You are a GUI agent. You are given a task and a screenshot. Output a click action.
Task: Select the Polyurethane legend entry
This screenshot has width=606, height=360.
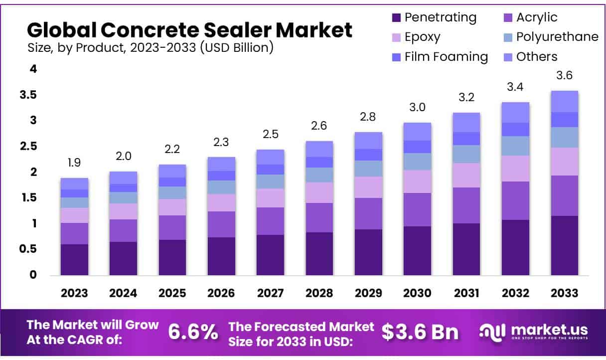[557, 37]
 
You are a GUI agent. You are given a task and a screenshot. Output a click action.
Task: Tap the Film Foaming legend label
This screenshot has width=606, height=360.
[446, 56]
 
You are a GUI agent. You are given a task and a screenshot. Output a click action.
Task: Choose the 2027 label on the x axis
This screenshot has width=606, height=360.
[270, 293]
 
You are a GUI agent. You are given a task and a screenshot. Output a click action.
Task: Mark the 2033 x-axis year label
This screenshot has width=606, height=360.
[564, 293]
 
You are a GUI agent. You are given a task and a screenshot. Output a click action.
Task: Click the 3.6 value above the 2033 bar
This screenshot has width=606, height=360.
[564, 76]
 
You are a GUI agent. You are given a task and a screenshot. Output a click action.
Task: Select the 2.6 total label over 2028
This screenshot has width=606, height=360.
[319, 126]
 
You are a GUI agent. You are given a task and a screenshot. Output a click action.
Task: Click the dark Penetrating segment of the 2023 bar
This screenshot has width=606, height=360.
[74, 259]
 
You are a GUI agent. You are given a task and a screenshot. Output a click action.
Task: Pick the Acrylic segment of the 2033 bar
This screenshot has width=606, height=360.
[564, 195]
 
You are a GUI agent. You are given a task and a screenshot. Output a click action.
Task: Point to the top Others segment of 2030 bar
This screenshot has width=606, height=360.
[417, 132]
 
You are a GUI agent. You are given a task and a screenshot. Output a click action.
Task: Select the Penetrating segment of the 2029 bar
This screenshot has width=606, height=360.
[368, 252]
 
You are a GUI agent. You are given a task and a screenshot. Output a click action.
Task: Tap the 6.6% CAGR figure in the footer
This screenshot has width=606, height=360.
[192, 332]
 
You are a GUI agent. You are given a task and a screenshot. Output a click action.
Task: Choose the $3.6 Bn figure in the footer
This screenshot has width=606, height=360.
[420, 332]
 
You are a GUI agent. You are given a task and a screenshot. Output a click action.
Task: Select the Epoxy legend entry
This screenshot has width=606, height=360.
[422, 37]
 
